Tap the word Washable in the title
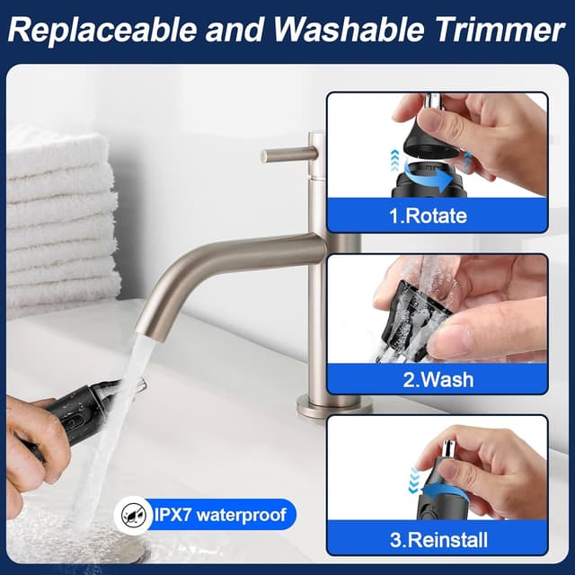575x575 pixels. tap(349, 29)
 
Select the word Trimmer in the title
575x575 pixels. tap(500, 30)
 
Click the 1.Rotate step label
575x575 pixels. tap(428, 216)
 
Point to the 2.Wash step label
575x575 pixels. tap(438, 379)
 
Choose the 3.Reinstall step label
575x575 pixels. tap(438, 540)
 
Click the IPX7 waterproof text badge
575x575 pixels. tap(220, 514)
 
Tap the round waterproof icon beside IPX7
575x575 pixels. tap(134, 515)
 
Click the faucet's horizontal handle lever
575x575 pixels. tap(289, 155)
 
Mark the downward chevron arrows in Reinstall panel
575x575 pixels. tap(414, 481)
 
